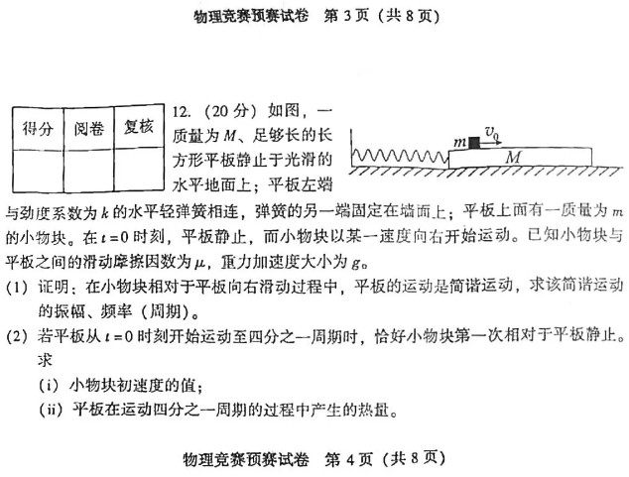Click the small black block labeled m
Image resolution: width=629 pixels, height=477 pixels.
pyautogui.click(x=474, y=143)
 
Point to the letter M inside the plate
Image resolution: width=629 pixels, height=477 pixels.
pyautogui.click(x=514, y=157)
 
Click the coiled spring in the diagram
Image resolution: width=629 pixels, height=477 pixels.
pyautogui.click(x=400, y=156)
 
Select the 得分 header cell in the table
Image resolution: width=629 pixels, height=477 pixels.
pyautogui.click(x=38, y=128)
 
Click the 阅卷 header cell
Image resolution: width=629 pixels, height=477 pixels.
pyautogui.click(x=88, y=128)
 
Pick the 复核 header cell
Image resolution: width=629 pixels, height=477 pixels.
pyautogui.click(x=139, y=127)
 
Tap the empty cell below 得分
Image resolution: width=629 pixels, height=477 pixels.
pyautogui.click(x=39, y=171)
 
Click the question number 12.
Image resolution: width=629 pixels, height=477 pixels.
pyautogui.click(x=182, y=112)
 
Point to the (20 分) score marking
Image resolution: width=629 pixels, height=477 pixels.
pyautogui.click(x=230, y=111)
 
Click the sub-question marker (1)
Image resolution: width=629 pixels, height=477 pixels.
pyautogui.click(x=17, y=288)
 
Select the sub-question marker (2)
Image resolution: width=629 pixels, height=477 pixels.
pyautogui.click(x=17, y=336)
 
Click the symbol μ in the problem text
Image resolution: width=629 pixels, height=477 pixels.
pyautogui.click(x=199, y=264)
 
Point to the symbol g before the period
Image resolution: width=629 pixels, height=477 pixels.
pyautogui.click(x=355, y=264)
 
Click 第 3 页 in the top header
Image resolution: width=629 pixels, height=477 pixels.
pyautogui.click(x=346, y=16)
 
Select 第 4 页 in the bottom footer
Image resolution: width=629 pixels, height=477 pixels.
pyautogui.click(x=348, y=459)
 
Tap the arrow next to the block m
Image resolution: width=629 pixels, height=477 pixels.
pyautogui.click(x=490, y=143)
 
